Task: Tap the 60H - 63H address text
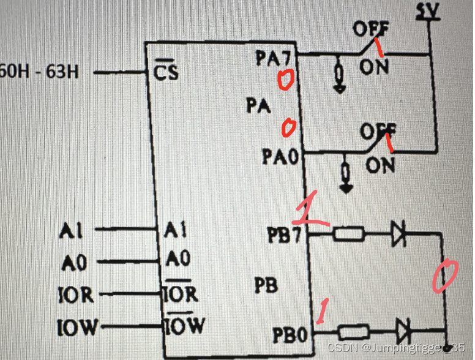pyautogui.click(x=39, y=72)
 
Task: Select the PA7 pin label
pyautogui.click(x=272, y=59)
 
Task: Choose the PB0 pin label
pyautogui.click(x=289, y=335)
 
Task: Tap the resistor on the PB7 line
pyautogui.click(x=349, y=233)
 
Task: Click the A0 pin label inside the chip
pyautogui.click(x=178, y=259)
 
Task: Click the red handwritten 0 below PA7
pyautogui.click(x=284, y=81)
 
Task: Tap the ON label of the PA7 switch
pyautogui.click(x=373, y=66)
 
